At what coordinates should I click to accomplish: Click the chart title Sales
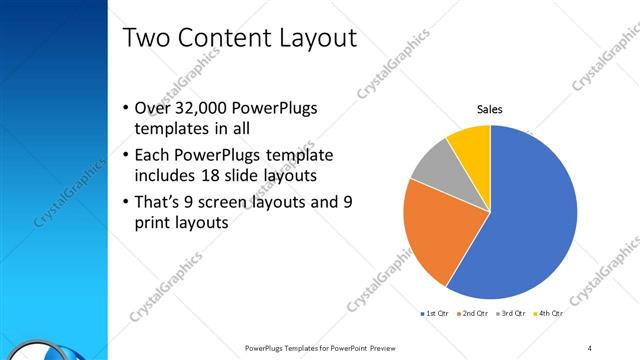click(x=489, y=109)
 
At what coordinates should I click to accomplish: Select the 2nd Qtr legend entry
click(x=473, y=314)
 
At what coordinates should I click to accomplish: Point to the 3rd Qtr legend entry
click(x=511, y=314)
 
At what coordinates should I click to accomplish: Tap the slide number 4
click(x=590, y=347)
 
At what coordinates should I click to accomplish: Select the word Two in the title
click(x=147, y=39)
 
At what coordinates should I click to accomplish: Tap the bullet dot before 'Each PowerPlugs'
click(x=125, y=156)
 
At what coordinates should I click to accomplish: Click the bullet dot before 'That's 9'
click(x=125, y=202)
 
